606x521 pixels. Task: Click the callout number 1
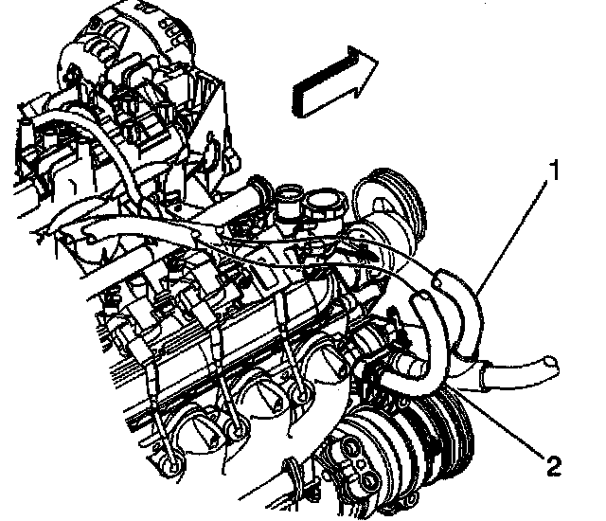[x=555, y=171]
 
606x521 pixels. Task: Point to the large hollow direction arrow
[x=334, y=81]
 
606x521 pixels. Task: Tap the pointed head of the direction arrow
[x=376, y=61]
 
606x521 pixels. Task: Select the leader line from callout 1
[x=511, y=236]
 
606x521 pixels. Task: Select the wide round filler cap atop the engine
[x=327, y=201]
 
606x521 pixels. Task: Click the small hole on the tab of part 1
[x=437, y=283]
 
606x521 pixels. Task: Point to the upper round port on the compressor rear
[x=351, y=447]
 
